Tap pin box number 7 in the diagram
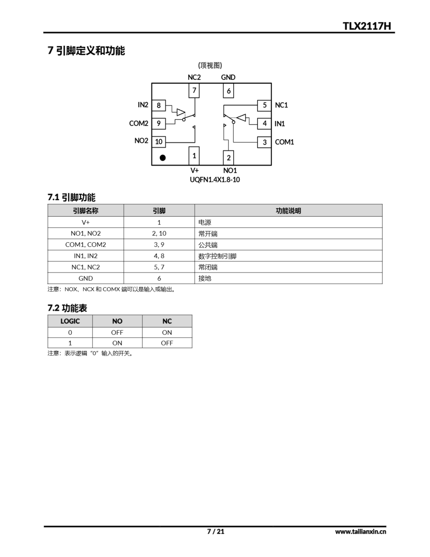point(194,91)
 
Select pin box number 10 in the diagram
point(158,142)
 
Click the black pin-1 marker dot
point(163,158)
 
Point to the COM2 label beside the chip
point(138,123)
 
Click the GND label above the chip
point(228,77)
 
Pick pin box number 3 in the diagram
point(264,142)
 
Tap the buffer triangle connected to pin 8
point(180,112)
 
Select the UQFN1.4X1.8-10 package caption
point(215,180)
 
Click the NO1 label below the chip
point(230,170)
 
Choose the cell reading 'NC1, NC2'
point(86,267)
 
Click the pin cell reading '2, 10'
point(159,233)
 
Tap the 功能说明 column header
point(288,211)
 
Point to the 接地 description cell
point(205,278)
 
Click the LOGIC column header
point(70,321)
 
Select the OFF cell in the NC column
point(167,343)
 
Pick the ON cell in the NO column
point(117,343)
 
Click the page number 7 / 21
point(216,531)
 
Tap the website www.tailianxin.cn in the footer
point(360,532)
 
